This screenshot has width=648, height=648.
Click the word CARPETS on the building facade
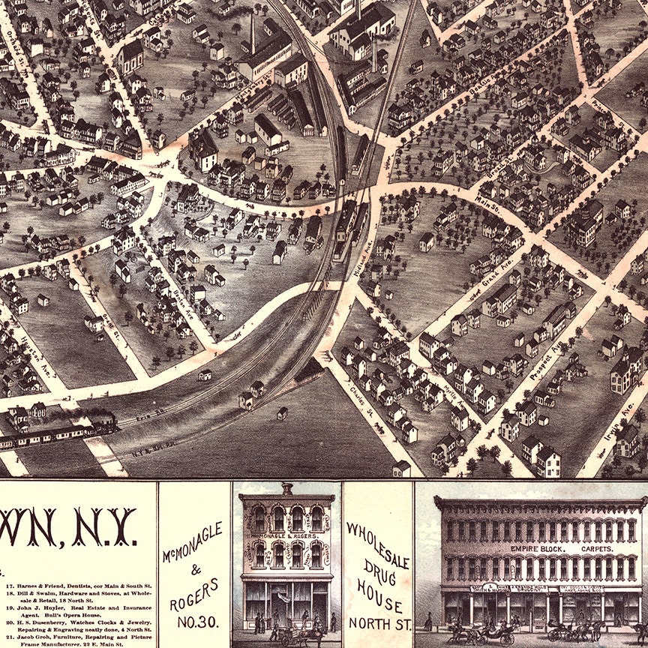(x=594, y=548)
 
